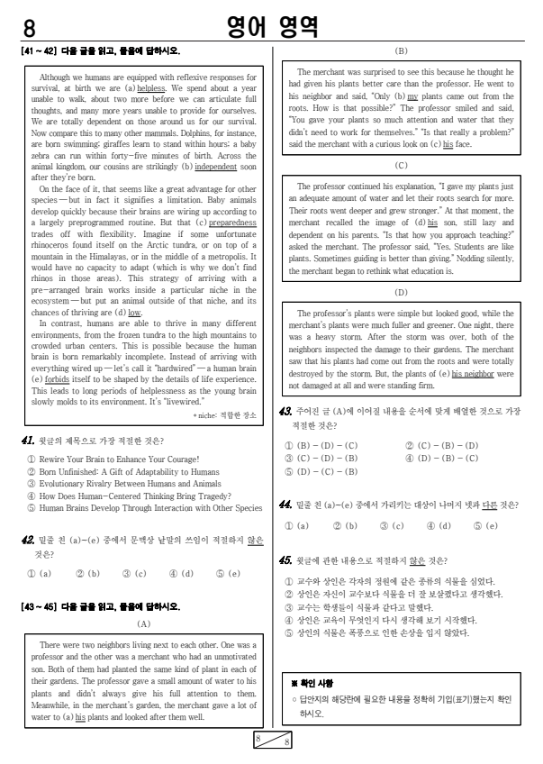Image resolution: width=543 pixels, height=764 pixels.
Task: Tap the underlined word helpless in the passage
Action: click(x=150, y=89)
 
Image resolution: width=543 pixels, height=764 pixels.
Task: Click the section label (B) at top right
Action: click(x=401, y=51)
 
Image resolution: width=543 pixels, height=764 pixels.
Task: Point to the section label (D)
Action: click(x=401, y=293)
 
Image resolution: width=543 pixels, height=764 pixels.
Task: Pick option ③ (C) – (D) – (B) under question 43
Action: click(x=321, y=458)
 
